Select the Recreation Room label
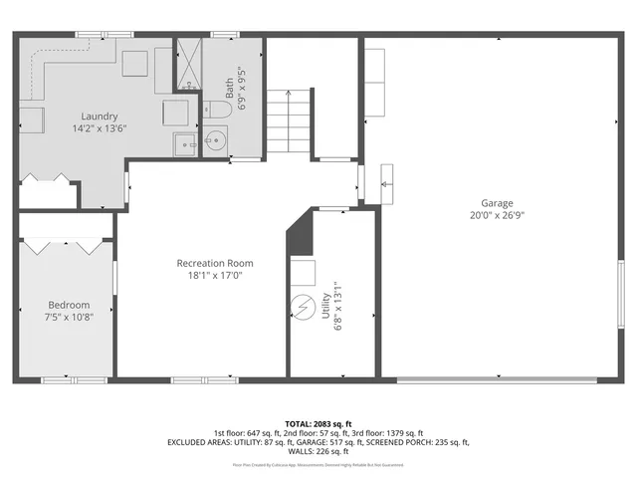pyautogui.click(x=210, y=263)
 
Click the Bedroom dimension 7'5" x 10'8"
pyautogui.click(x=69, y=318)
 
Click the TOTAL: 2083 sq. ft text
pyautogui.click(x=318, y=423)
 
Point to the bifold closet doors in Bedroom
pyautogui.click(x=66, y=242)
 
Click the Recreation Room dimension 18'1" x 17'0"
pyautogui.click(x=210, y=275)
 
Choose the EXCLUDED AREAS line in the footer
pyautogui.click(x=318, y=442)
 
